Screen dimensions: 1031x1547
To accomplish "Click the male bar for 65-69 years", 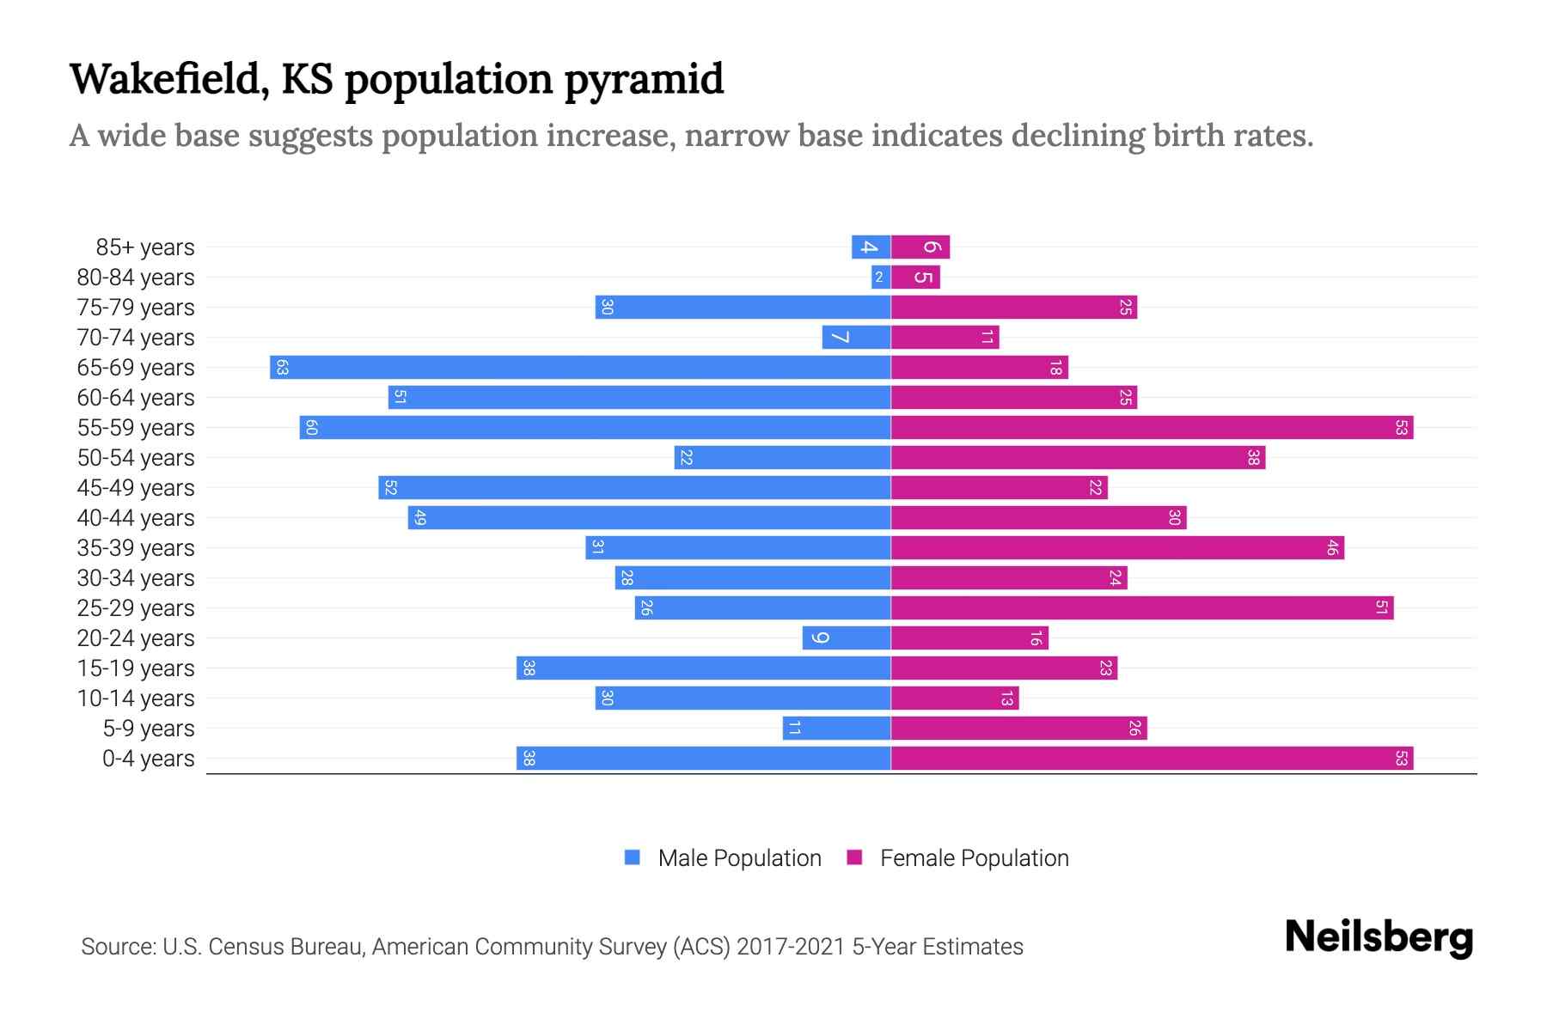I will pos(580,367).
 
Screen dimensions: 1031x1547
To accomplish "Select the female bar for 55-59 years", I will pos(1152,427).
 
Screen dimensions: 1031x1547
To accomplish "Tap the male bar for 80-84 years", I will pos(880,277).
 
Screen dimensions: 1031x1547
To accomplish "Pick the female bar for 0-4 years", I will pos(1152,758).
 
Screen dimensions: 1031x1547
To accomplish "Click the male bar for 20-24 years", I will pos(847,638).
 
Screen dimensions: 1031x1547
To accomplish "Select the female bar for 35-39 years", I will pos(1117,547).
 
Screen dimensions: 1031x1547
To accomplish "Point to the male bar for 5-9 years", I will pos(836,728).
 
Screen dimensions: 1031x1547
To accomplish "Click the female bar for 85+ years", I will pos(920,247).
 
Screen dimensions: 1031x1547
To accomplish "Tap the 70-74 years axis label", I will pos(136,337).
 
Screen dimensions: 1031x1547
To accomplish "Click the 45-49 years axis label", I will pos(136,487).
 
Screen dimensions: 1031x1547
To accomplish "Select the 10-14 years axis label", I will pos(136,698).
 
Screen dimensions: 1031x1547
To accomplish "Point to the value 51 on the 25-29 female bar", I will pos(1381,607).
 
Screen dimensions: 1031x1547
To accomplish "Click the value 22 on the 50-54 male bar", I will pos(686,457).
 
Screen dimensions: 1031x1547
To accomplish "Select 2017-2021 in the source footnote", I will pos(791,947).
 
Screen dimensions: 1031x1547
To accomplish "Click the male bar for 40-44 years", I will pos(649,517).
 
